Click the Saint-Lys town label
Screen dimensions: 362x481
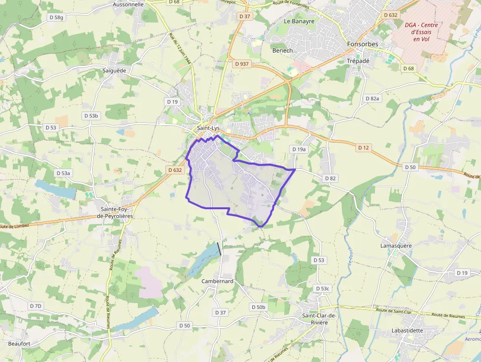click(208, 128)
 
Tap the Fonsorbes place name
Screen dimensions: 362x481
click(363, 44)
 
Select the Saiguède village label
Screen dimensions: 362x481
click(114, 70)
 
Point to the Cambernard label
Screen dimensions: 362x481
click(217, 281)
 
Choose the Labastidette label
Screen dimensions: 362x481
click(407, 331)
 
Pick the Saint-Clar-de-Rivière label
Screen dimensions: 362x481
click(319, 319)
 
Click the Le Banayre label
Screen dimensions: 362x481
click(299, 21)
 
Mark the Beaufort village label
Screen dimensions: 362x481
click(20, 343)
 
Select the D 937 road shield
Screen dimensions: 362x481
click(242, 64)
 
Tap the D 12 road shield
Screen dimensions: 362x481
click(363, 147)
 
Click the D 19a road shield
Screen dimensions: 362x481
click(298, 149)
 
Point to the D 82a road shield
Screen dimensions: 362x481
click(373, 98)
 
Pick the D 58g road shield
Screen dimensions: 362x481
click(56, 17)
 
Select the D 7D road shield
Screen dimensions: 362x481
click(35, 306)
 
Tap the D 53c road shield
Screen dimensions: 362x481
click(323, 288)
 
